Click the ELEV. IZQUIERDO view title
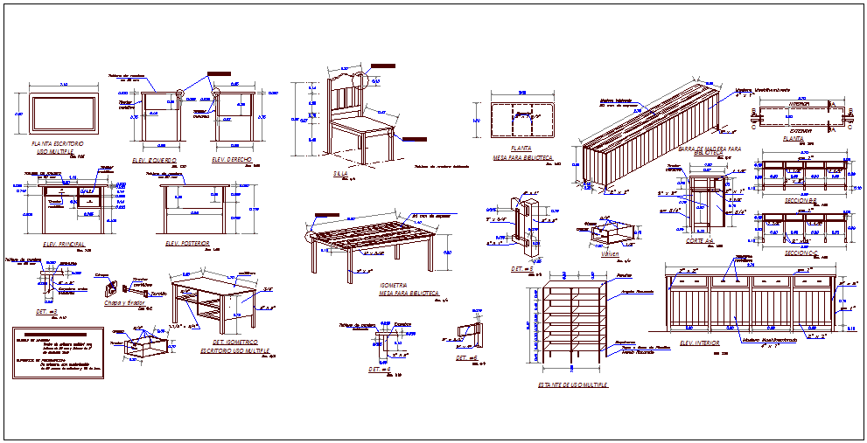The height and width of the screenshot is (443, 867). coord(155,162)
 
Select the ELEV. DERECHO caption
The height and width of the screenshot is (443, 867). coord(231,161)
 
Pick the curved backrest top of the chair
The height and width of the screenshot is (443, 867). coord(347,78)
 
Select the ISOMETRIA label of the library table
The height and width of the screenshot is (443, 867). coord(392,285)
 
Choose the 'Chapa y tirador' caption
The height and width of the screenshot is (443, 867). coord(124,302)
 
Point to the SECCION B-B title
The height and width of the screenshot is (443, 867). coord(800,200)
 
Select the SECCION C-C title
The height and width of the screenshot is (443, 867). coord(800,253)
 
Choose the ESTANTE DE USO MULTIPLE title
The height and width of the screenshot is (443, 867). coord(574,384)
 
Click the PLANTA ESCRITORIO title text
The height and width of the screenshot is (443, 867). coord(57,142)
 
